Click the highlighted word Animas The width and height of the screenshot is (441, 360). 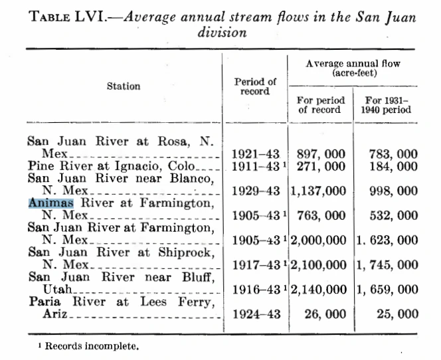51,203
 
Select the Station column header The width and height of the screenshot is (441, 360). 123,86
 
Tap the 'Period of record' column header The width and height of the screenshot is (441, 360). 255,86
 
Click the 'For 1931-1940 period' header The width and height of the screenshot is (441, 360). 386,104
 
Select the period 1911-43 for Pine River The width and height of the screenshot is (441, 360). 254,166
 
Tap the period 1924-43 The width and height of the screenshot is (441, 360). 255,314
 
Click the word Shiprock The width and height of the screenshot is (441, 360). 190,252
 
